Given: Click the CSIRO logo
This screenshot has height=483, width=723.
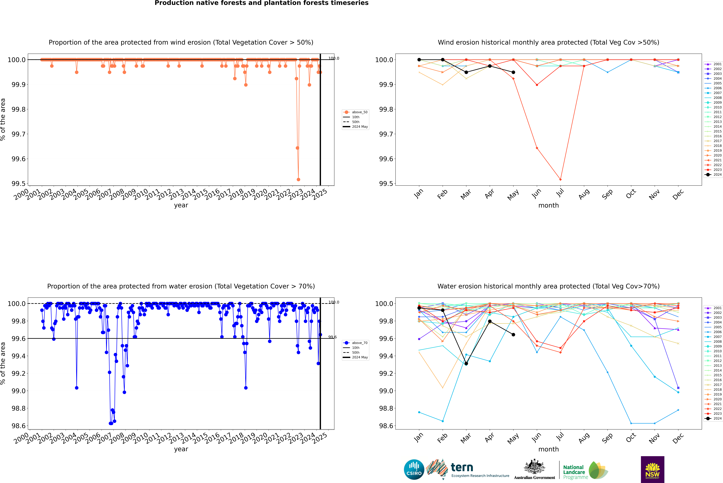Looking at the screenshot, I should click(x=414, y=469).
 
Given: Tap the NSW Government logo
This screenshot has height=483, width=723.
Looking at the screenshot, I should click(x=652, y=469).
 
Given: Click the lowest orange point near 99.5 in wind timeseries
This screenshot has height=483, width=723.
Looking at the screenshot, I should click(x=298, y=180).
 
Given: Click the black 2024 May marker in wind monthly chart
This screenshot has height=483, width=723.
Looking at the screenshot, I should click(x=513, y=72).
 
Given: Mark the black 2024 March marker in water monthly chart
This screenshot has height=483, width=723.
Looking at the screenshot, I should click(x=466, y=364).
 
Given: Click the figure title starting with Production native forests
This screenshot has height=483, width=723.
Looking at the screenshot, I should click(x=261, y=3).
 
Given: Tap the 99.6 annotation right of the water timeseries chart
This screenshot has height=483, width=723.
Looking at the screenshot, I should click(x=332, y=337).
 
